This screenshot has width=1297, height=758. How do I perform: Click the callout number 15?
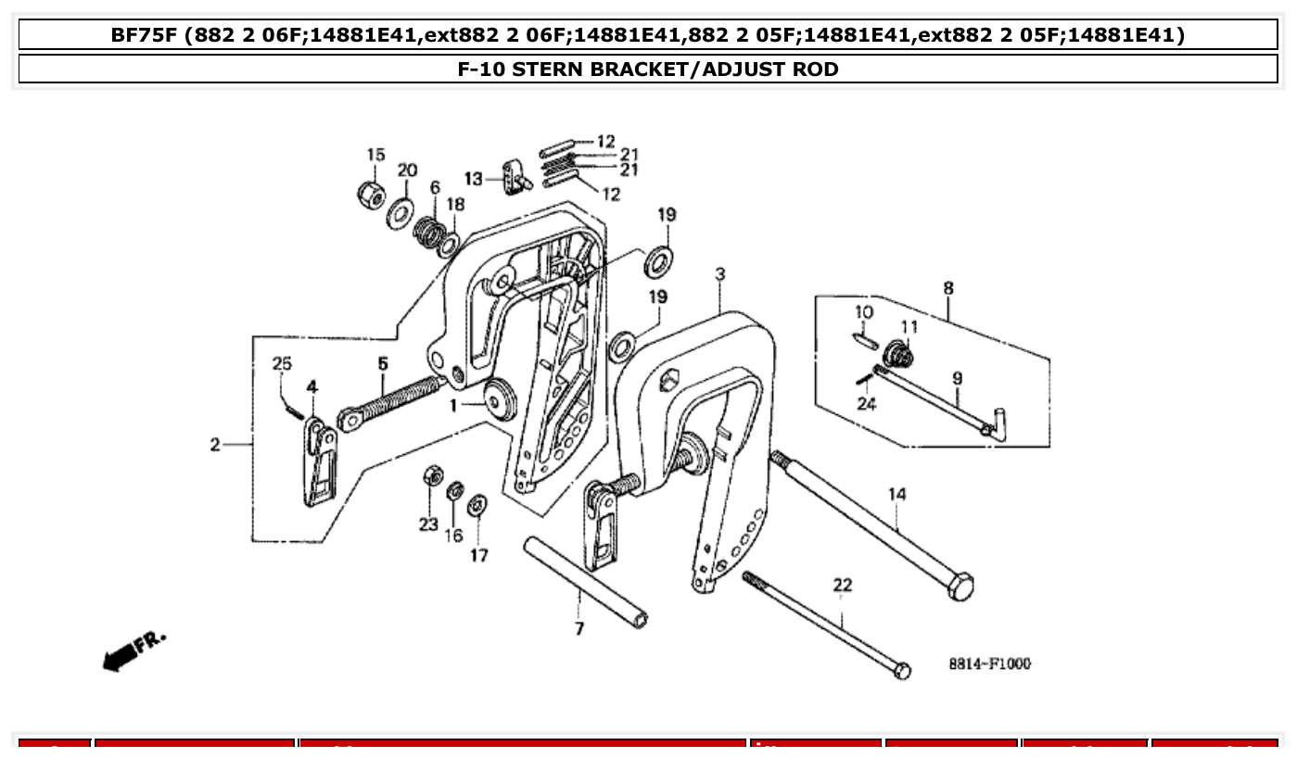pos(375,155)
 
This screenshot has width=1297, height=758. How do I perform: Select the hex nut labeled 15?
pos(372,194)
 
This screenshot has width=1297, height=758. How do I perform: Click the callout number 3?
pos(719,274)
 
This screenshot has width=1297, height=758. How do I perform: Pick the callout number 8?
pos(947,287)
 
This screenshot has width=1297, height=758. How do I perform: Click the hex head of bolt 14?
pos(960,586)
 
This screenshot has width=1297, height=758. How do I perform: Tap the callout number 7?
pos(579,629)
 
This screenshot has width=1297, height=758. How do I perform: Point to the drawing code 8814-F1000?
pos(989,663)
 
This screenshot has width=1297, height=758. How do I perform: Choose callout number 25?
pos(282,363)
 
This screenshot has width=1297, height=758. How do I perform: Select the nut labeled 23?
pos(431,475)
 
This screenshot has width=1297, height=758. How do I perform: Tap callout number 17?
pos(478,555)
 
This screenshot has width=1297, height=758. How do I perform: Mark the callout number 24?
pos(867,403)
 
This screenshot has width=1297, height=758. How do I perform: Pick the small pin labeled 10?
pos(863,339)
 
